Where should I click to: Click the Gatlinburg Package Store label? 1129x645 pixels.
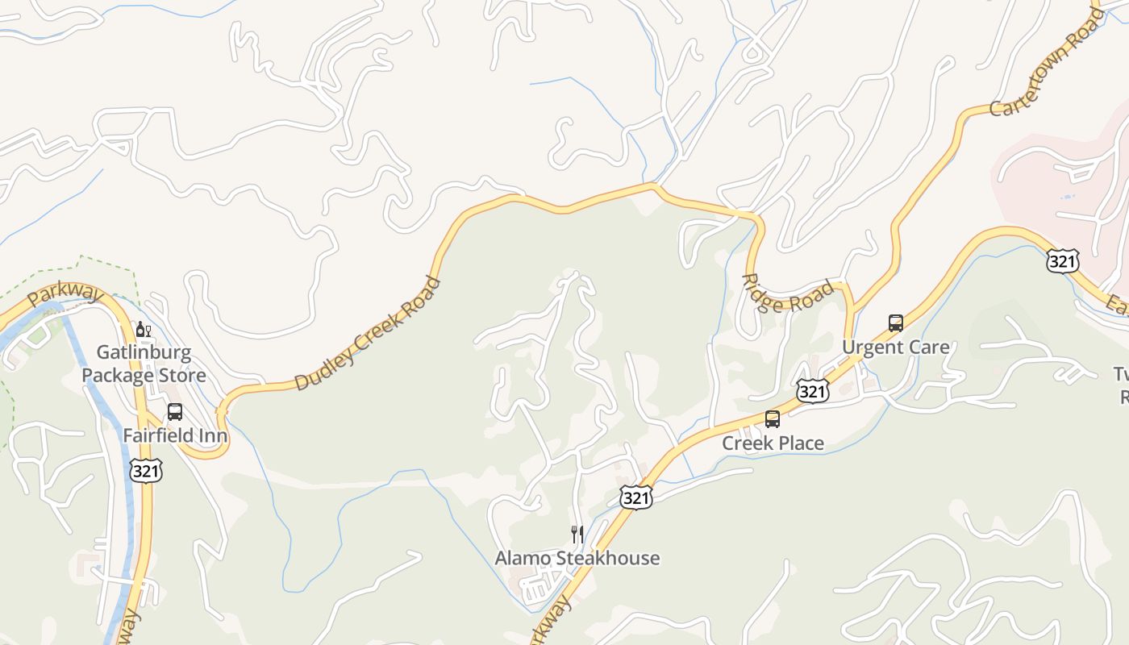click(x=144, y=364)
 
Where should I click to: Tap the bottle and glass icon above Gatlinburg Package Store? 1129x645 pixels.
click(x=144, y=329)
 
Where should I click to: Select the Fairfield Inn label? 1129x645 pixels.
click(x=175, y=435)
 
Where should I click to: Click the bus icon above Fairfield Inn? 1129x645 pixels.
click(x=175, y=412)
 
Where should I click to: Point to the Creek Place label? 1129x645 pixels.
click(x=773, y=443)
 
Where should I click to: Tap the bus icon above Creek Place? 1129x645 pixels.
click(x=773, y=419)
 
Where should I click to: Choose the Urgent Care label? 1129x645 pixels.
click(x=895, y=347)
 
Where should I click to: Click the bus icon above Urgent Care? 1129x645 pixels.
click(x=895, y=323)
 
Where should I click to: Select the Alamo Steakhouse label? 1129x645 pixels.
click(x=577, y=558)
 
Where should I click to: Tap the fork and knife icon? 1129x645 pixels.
click(x=577, y=534)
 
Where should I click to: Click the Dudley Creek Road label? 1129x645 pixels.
click(x=368, y=333)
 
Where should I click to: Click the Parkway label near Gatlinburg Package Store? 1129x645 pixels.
click(x=65, y=293)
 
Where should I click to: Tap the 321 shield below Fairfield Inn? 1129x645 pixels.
click(x=146, y=471)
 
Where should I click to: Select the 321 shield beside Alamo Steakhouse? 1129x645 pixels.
click(x=635, y=497)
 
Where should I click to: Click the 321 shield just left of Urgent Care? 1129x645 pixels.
click(x=812, y=391)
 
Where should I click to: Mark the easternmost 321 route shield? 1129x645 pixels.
click(x=1062, y=260)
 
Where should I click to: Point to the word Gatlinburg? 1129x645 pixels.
click(x=144, y=352)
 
